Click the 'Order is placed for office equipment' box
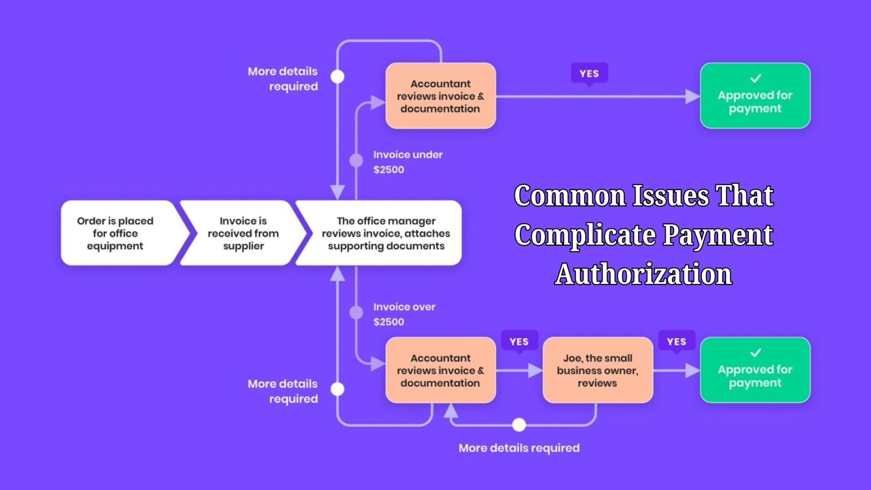click(115, 233)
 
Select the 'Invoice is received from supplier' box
click(243, 233)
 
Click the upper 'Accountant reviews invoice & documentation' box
click(440, 96)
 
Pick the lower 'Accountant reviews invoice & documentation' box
click(440, 370)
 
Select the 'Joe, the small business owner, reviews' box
click(598, 370)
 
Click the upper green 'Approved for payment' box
click(755, 96)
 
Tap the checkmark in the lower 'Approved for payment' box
click(755, 353)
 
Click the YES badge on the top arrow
click(589, 74)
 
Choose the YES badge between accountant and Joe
click(519, 342)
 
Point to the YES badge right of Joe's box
click(676, 342)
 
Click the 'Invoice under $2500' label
click(407, 162)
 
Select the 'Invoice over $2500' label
click(404, 314)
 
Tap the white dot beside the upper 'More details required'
click(337, 77)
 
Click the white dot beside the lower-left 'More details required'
click(337, 389)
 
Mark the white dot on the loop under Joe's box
click(519, 424)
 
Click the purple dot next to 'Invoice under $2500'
click(356, 160)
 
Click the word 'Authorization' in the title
click(643, 274)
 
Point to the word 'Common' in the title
click(569, 196)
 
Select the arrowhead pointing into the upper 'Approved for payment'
click(692, 97)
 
